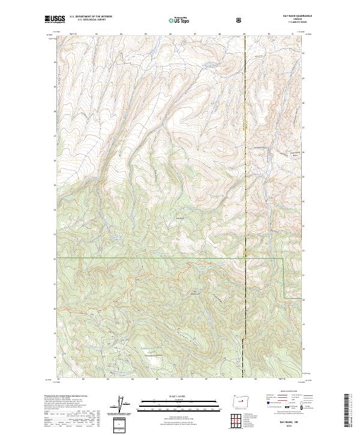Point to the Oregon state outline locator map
click(240, 400)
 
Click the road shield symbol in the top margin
click(239, 20)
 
